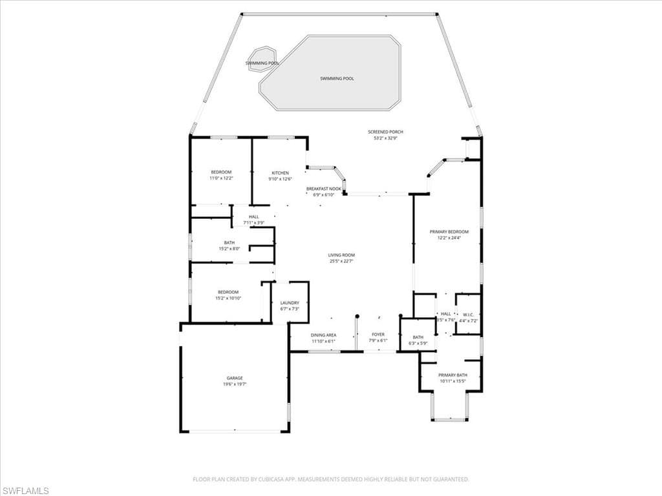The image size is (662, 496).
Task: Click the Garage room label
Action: [x=235, y=378]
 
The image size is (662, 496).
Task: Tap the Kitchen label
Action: [x=280, y=173]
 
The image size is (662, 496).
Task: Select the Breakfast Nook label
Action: [x=323, y=189]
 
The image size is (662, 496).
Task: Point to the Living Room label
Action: [x=341, y=255]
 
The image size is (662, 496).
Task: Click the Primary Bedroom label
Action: [x=449, y=231]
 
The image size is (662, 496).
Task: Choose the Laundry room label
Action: [x=289, y=303]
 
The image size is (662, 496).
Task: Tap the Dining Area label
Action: [x=323, y=335]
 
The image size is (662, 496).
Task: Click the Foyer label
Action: [x=378, y=335]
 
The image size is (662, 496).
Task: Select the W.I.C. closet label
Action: [x=469, y=314]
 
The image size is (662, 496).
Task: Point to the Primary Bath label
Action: [x=452, y=375]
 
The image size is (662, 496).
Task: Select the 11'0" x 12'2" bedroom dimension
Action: [x=220, y=178]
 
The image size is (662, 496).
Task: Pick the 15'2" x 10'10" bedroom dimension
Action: [x=228, y=298]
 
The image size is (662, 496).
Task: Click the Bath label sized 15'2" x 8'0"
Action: [x=229, y=243]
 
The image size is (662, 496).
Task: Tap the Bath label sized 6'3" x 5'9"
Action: [x=418, y=337]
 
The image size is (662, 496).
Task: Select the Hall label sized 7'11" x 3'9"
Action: [x=253, y=217]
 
